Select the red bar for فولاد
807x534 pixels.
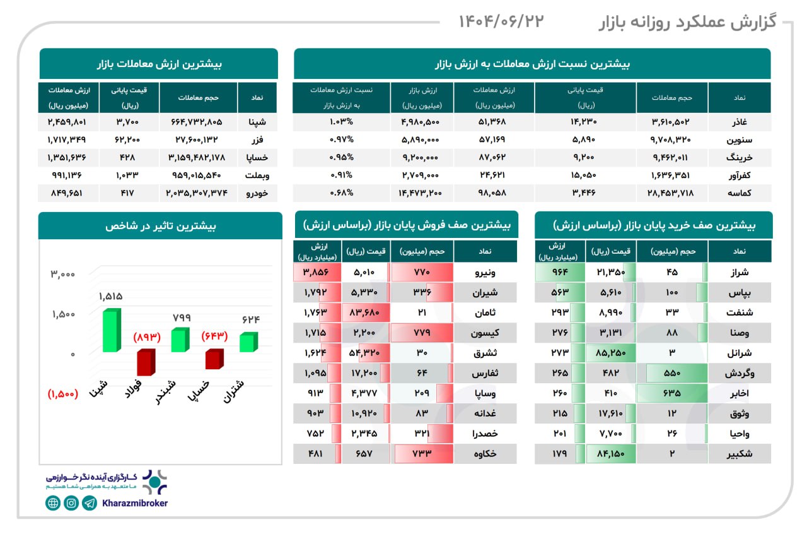pyautogui.click(x=146, y=362)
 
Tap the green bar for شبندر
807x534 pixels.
pyautogui.click(x=180, y=341)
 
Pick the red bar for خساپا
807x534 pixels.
pyautogui.click(x=214, y=360)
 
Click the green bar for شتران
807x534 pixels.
pyautogui.click(x=248, y=343)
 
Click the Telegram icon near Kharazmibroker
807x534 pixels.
pyautogui.click(x=90, y=503)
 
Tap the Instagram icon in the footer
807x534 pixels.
pyautogui.click(x=71, y=503)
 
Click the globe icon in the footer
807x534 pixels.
pyautogui.click(x=53, y=503)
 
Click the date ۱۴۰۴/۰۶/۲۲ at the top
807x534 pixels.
pyautogui.click(x=501, y=21)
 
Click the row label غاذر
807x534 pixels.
pyautogui.click(x=738, y=122)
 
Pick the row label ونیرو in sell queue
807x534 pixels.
pyautogui.click(x=485, y=273)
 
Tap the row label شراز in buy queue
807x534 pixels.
pyautogui.click(x=739, y=273)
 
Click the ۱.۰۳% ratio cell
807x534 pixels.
pyautogui.click(x=341, y=122)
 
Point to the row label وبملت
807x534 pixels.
pyautogui.click(x=256, y=175)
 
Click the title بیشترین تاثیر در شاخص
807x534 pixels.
pyautogui.click(x=160, y=225)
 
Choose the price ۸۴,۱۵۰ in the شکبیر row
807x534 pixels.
pyautogui.click(x=610, y=454)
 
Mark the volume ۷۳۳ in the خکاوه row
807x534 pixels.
pyautogui.click(x=422, y=454)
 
